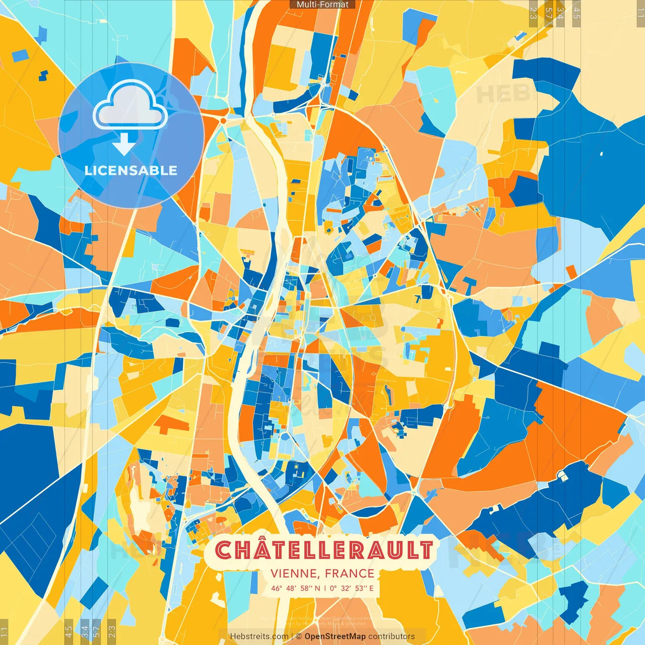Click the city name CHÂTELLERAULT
pos(324,550)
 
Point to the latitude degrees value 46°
pos(277,588)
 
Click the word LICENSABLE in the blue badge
pos(131,170)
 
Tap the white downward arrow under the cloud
pos(123,144)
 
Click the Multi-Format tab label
pos(322,5)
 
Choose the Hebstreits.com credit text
pos(259,636)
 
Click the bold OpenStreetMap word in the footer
pos(335,636)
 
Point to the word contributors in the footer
pos(392,636)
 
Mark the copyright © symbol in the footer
pos(299,636)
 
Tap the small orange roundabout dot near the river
pos(223,120)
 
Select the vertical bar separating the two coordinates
pos(326,588)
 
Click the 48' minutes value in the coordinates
pos(293,588)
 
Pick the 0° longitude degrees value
pos(334,588)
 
